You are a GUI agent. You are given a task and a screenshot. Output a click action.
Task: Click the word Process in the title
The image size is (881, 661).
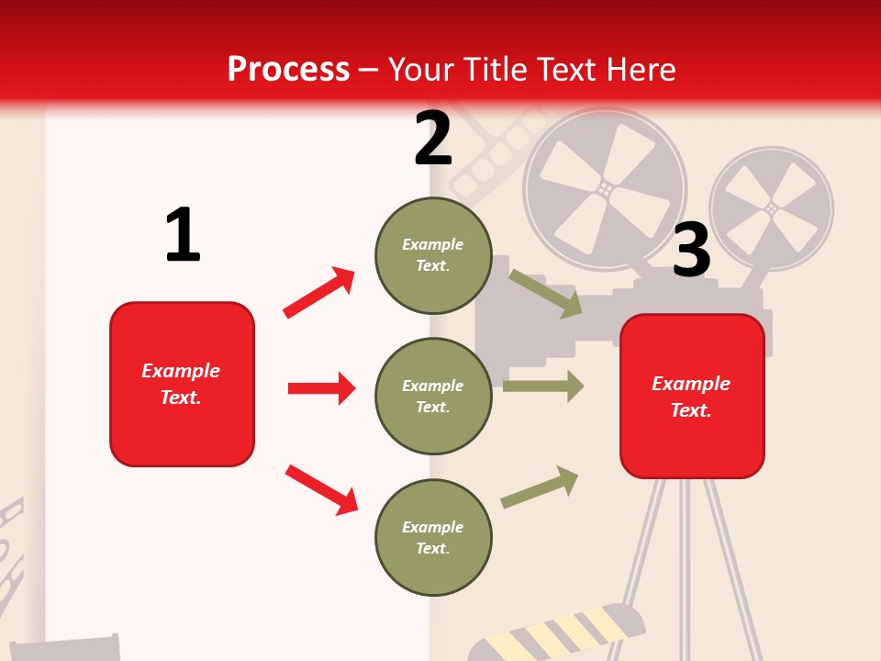(x=288, y=70)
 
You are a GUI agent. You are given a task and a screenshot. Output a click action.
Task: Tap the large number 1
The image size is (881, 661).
(x=183, y=235)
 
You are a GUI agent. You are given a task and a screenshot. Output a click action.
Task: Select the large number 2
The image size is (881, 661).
(x=433, y=139)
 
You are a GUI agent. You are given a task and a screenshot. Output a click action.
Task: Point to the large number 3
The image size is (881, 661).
(x=691, y=251)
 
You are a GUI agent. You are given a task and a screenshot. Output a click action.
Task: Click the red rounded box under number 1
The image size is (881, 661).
(x=182, y=384)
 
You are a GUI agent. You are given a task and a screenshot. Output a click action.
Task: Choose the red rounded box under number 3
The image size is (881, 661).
(x=692, y=397)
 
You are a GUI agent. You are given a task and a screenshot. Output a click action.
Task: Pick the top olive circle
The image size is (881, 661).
(x=433, y=255)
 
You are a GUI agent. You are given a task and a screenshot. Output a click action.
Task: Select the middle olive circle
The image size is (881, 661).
(x=433, y=396)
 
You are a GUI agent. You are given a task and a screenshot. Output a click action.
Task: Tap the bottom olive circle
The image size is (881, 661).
(x=433, y=537)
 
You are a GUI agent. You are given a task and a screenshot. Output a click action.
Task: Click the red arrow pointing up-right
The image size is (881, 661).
(x=318, y=293)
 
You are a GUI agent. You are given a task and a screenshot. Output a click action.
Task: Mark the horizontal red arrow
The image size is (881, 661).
(x=321, y=388)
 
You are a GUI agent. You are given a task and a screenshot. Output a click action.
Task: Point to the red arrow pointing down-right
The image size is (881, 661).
(x=321, y=488)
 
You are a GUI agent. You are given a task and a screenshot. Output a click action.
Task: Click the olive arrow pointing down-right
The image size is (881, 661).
(x=545, y=293)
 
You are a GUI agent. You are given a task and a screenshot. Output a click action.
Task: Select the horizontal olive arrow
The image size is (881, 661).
(x=543, y=386)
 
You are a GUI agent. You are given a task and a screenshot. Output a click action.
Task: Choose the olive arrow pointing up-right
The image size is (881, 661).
(x=541, y=487)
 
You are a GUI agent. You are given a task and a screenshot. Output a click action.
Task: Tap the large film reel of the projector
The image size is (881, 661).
(x=605, y=188)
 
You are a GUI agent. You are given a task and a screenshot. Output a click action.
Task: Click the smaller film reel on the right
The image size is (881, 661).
(x=771, y=209)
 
